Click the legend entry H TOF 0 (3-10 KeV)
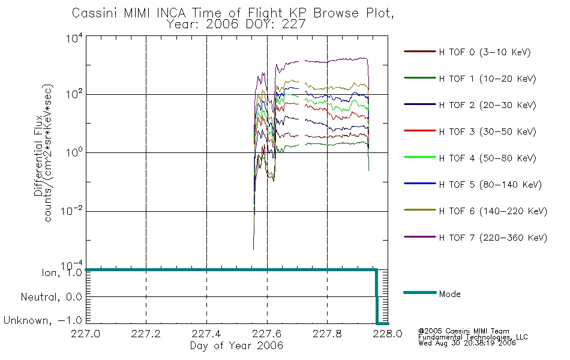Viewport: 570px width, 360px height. pyautogui.click(x=485, y=52)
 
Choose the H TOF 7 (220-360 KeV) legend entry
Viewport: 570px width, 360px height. pyautogui.click(x=493, y=238)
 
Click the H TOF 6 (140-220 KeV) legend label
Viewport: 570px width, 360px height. pyautogui.click(x=493, y=211)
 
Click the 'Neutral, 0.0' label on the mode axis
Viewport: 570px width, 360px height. pyautogui.click(x=50, y=297)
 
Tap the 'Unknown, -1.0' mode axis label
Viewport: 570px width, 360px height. pyautogui.click(x=43, y=321)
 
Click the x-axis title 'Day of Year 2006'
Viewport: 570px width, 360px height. pyautogui.click(x=236, y=346)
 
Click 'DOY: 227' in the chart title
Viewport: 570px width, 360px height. pyautogui.click(x=281, y=25)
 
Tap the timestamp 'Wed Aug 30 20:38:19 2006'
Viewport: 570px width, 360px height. pyautogui.click(x=467, y=344)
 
